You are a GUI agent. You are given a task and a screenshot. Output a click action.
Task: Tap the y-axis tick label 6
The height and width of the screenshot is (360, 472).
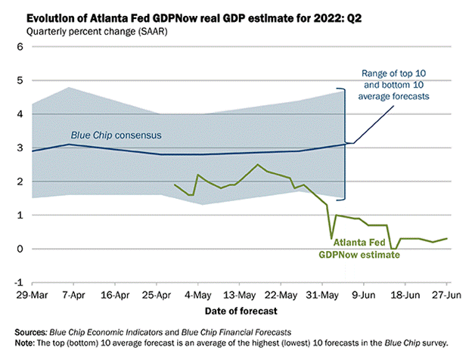coord(20,47)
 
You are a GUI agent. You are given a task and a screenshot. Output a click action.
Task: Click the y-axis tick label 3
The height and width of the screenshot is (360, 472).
coord(20,147)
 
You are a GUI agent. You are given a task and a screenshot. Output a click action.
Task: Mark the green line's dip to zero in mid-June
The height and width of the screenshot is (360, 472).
coord(393,249)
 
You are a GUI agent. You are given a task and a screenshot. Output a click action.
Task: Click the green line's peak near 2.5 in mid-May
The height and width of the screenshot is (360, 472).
coord(258,164)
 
